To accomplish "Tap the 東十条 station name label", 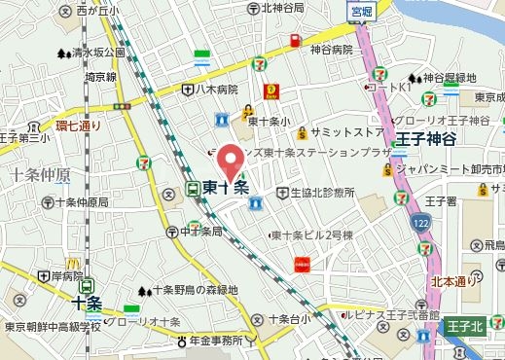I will pyautogui.click(x=227, y=188).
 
